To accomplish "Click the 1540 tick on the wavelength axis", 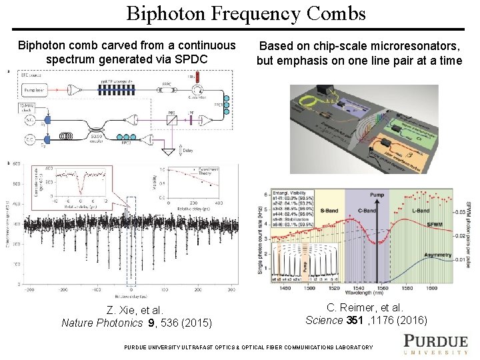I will (360, 288).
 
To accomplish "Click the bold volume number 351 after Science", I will (354, 320).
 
